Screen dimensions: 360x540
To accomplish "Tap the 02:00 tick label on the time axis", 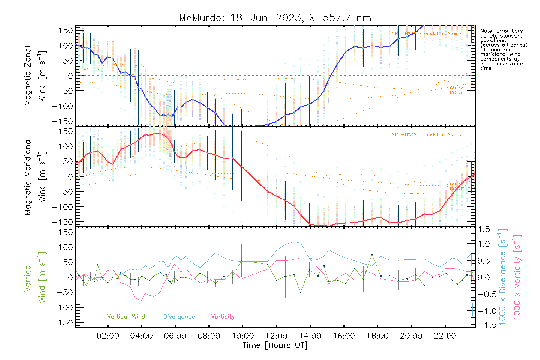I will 108,336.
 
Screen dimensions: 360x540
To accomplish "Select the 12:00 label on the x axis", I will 276,336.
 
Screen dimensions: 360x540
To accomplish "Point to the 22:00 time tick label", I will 445,336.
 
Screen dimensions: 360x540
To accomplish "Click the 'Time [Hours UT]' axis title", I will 275,345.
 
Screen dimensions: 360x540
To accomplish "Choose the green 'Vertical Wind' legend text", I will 126,317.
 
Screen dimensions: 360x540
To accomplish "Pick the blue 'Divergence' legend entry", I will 179,317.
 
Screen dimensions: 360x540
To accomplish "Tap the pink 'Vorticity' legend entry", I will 223,317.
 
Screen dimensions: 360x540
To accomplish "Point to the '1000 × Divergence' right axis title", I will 503,277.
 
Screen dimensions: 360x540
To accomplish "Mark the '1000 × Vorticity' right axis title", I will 517,277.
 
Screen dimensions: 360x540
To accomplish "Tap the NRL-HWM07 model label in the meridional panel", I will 427,135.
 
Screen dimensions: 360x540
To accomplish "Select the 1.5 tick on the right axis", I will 484,229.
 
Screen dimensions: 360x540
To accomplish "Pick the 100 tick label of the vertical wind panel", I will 66,247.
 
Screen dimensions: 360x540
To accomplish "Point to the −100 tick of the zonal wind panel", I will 62,106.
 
